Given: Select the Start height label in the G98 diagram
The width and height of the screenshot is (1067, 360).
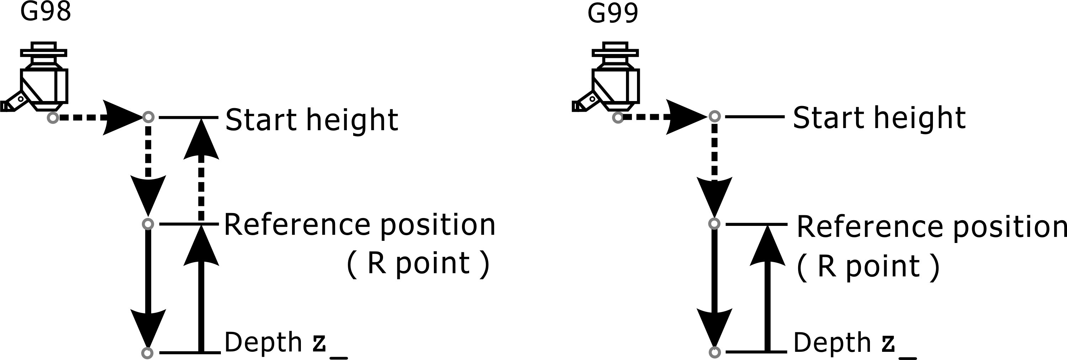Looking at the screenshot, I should [312, 120].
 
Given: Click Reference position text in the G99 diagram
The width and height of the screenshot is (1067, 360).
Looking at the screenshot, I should [931, 227].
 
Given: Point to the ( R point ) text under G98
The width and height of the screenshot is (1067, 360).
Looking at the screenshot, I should [418, 264].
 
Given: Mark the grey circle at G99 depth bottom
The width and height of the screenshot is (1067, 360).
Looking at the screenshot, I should [715, 352].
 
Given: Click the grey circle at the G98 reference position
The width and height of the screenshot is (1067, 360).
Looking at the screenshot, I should [148, 224].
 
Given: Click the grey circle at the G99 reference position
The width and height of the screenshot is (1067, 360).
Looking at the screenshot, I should [715, 224].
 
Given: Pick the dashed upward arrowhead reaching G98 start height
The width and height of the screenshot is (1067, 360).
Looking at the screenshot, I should [201, 139].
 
